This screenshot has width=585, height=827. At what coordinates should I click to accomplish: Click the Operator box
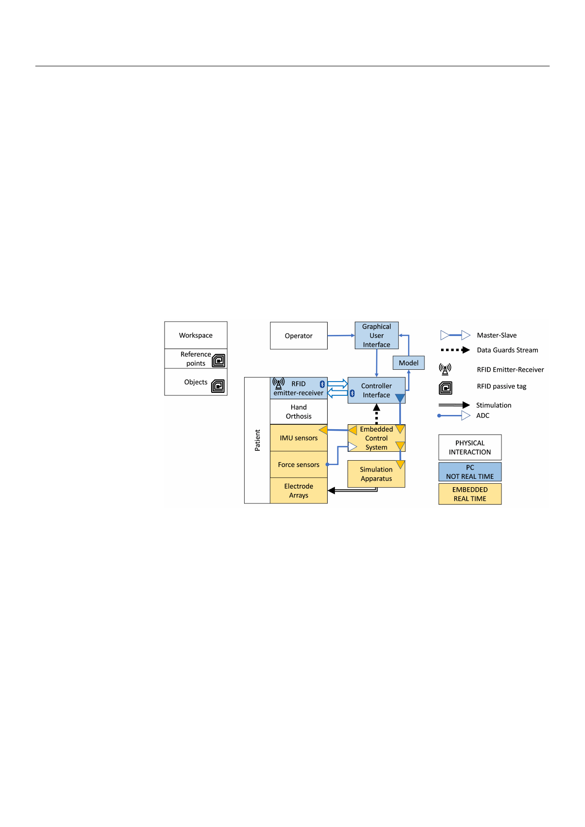[299, 335]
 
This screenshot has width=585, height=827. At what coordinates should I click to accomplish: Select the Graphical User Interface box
[376, 335]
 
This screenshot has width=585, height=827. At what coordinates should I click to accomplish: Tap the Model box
[409, 363]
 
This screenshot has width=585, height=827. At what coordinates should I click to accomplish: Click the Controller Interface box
[376, 390]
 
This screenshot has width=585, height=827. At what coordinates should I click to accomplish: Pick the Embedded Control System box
[376, 438]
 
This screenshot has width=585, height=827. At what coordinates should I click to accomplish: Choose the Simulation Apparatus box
[376, 474]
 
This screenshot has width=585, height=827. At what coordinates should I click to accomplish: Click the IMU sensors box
[299, 438]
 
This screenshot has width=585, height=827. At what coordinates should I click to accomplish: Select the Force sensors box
[299, 465]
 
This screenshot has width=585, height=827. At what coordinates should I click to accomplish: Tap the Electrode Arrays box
[299, 491]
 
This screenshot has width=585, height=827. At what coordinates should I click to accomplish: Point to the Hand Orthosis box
[299, 412]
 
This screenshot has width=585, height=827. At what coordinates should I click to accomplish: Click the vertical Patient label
[257, 440]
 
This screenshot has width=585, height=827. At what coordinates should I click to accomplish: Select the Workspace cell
[196, 335]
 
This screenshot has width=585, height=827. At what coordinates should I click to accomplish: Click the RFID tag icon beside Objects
[218, 386]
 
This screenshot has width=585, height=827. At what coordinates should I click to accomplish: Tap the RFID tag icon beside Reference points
[219, 360]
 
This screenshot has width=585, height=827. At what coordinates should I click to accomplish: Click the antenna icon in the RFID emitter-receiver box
[279, 383]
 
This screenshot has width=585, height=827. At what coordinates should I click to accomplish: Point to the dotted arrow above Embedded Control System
[376, 414]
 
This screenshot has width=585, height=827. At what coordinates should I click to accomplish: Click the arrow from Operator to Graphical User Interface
[341, 335]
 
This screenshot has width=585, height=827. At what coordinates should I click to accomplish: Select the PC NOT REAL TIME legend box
[470, 472]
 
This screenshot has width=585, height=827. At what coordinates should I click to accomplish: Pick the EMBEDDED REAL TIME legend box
[470, 494]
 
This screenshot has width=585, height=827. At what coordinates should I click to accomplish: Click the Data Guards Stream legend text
[507, 350]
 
